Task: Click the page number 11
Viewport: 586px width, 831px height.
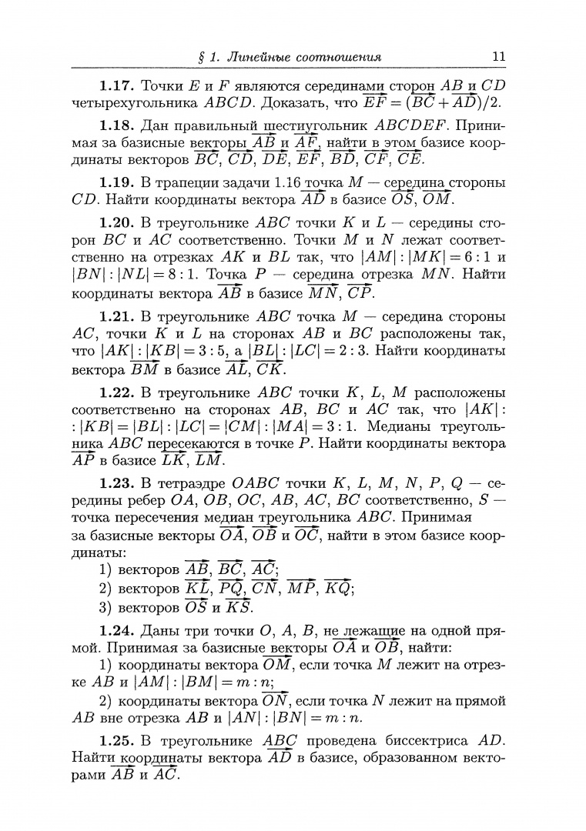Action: (497, 56)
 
